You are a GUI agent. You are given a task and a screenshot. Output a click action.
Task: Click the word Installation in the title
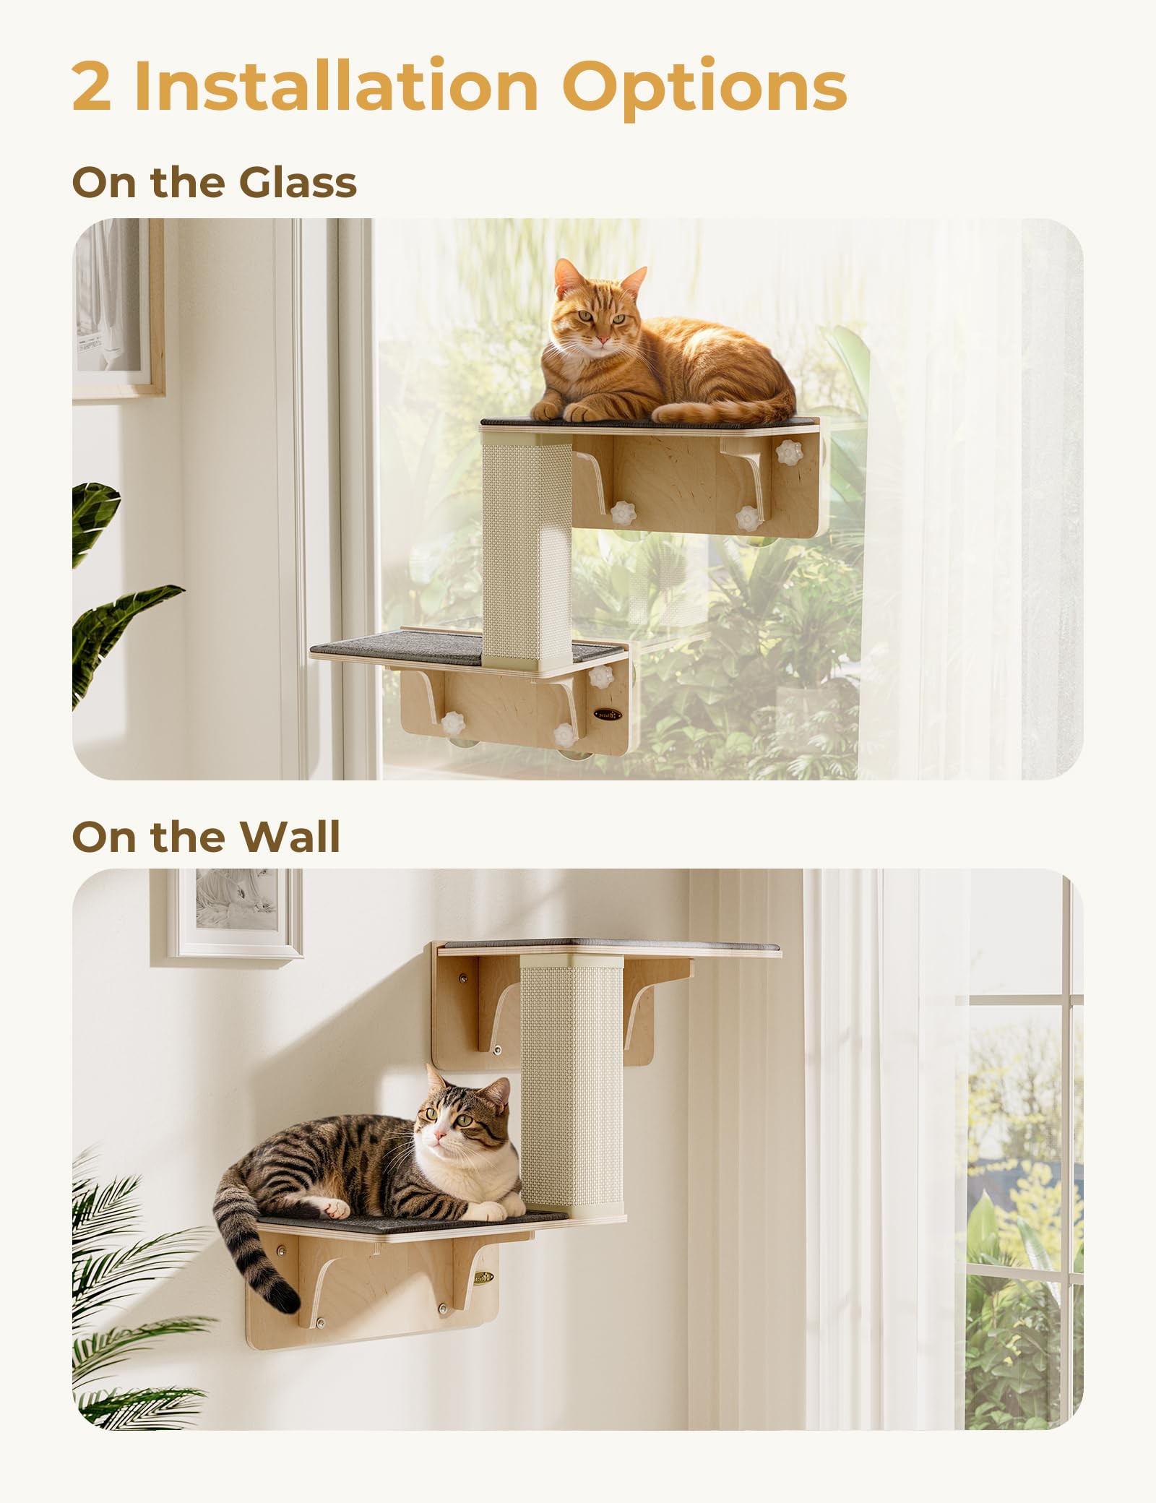coord(336,87)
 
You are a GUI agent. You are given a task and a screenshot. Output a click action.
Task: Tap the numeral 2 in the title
coord(92,87)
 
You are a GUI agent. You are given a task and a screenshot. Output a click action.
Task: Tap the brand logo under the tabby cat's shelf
coord(483,1277)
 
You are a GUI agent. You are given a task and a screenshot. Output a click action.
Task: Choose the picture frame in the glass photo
coord(116,307)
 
